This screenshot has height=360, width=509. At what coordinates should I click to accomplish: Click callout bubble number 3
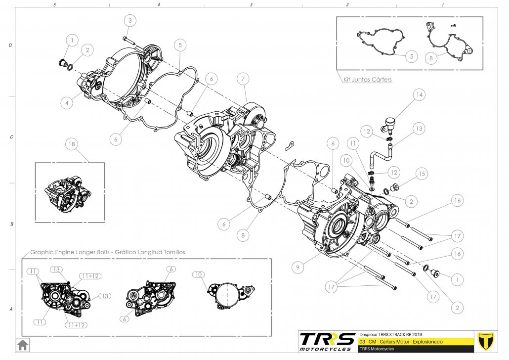point(130,21)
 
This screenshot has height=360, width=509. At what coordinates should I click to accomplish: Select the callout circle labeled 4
point(66,103)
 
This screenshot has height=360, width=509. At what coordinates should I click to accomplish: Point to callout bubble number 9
point(297,268)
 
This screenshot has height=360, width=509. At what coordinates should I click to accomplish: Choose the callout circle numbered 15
point(421,174)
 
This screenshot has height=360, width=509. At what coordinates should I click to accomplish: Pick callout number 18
point(72,144)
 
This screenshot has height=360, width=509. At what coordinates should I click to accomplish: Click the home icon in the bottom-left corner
point(22,344)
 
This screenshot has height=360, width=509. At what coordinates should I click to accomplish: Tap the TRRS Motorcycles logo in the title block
point(328,341)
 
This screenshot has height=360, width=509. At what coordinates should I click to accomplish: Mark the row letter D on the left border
point(10,45)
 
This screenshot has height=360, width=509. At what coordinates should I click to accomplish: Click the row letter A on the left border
point(10,310)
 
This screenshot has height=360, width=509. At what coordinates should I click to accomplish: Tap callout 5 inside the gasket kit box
point(412,56)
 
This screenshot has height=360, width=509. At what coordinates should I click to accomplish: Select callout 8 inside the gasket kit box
point(430,58)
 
